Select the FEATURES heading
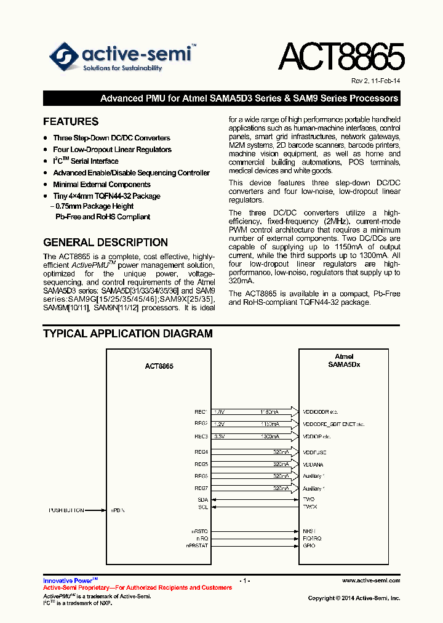pyautogui.click(x=71, y=122)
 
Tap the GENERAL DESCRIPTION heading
pyautogui.click(x=105, y=243)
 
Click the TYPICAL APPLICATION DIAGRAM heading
pyautogui.click(x=127, y=334)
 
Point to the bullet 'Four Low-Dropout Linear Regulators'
pyautogui.click(x=112, y=150)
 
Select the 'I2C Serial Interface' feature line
pyautogui.click(x=86, y=161)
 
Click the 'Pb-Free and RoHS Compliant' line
pyautogui.click(x=103, y=217)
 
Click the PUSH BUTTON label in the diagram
pyautogui.click(x=66, y=510)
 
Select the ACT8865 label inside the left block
pyautogui.click(x=159, y=366)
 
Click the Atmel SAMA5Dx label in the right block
pyautogui.click(x=344, y=361)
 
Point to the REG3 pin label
pyautogui.click(x=201, y=436)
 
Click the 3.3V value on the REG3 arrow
pyautogui.click(x=220, y=436)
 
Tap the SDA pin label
pyautogui.click(x=202, y=499)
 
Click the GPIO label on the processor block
pyautogui.click(x=309, y=545)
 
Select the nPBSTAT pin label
pyautogui.click(x=198, y=545)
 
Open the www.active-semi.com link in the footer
pyautogui.click(x=371, y=581)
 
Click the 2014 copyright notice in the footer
pyautogui.click(x=354, y=598)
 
